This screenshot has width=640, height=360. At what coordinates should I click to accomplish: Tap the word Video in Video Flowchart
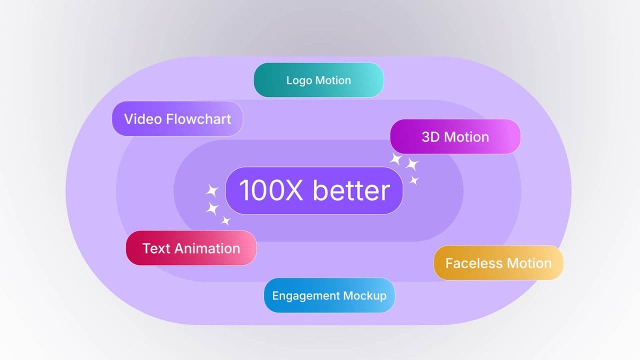point(142,119)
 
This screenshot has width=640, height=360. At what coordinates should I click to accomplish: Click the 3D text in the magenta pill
point(430,137)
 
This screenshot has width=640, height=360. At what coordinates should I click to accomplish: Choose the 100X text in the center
point(271,190)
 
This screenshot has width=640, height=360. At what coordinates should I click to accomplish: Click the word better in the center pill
point(351,190)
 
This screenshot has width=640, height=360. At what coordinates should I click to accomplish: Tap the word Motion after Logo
point(332,80)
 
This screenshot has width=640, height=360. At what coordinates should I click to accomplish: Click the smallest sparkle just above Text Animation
point(226,220)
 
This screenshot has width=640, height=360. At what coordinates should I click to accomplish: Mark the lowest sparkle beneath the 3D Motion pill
point(414,180)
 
